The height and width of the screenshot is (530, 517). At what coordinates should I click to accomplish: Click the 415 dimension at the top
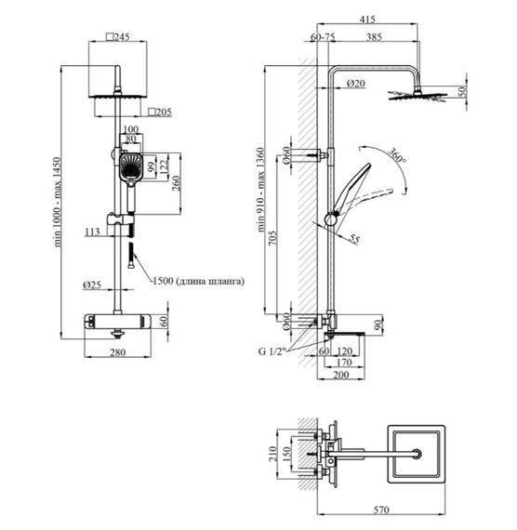367,19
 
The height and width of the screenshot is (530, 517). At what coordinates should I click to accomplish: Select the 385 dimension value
375,36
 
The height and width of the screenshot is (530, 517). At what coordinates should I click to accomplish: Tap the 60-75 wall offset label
323,36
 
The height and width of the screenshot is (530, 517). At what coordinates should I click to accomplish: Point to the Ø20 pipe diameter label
356,83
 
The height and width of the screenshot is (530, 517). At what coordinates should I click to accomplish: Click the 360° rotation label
397,155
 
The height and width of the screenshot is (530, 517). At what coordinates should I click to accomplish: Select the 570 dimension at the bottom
381,510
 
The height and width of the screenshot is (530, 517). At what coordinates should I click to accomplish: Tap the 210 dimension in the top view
272,454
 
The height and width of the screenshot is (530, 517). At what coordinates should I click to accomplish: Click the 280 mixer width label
118,352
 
